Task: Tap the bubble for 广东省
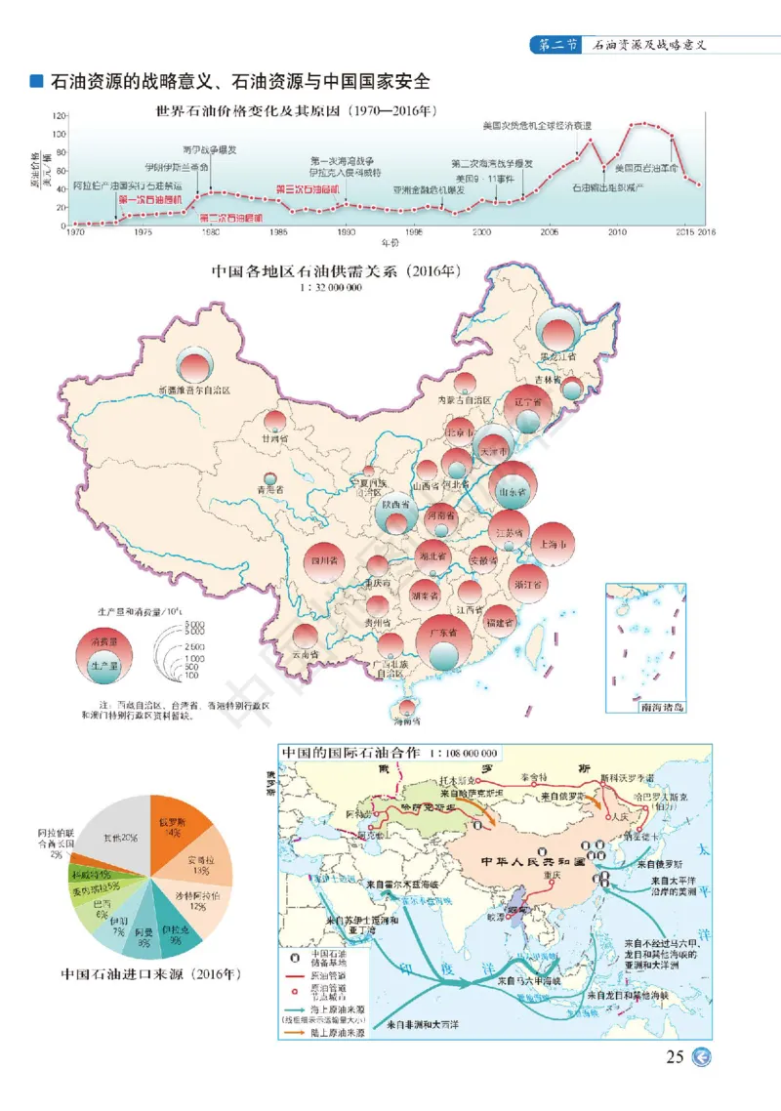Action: [x=442, y=638]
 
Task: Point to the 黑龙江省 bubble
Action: [x=559, y=339]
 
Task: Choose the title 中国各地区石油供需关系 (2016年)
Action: [x=336, y=273]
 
